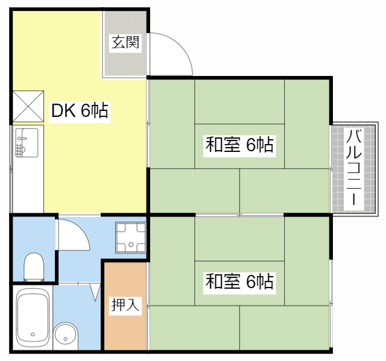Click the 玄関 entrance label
(125, 42)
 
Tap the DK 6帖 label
(80, 111)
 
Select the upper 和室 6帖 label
(239, 145)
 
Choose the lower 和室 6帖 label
(239, 281)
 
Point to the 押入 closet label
(125, 304)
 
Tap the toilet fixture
(34, 267)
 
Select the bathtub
(33, 318)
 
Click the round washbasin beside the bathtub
(65, 335)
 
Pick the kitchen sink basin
(27, 143)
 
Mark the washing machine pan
(131, 237)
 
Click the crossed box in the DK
(28, 106)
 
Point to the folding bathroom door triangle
(95, 292)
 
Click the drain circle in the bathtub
(33, 334)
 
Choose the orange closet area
(125, 306)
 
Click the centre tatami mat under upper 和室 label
(239, 146)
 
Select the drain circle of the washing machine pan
(131, 244)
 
